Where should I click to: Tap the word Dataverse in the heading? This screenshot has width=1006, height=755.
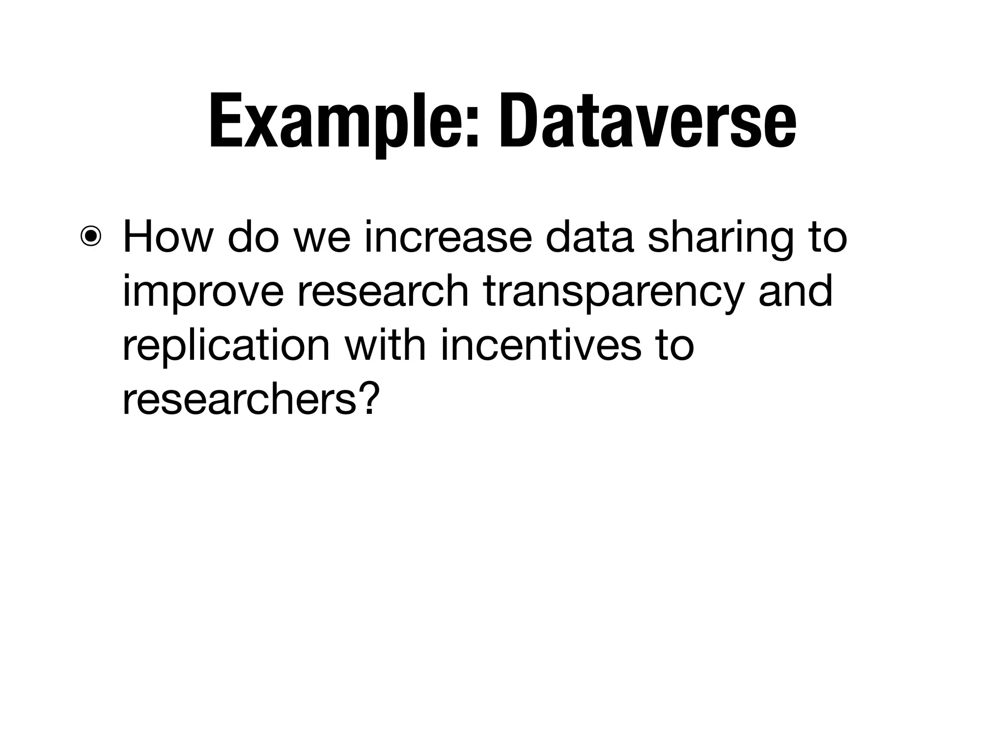point(647,120)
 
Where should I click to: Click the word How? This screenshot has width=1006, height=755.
point(167,237)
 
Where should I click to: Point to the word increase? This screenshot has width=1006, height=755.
point(448,237)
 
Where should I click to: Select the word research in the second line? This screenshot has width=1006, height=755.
point(383,291)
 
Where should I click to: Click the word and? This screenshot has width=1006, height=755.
point(795,291)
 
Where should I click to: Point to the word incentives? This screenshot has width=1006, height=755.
point(541,345)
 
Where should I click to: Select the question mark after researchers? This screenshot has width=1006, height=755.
point(370,398)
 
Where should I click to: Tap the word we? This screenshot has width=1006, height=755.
point(322,237)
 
